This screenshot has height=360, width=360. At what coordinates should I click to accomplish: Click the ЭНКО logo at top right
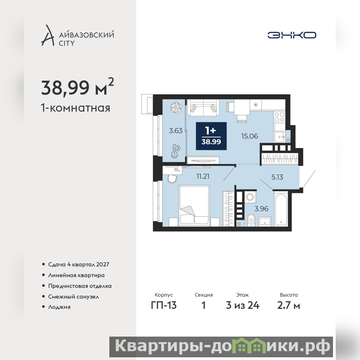point(292,35)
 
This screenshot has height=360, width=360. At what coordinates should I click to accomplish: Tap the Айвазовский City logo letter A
point(48,35)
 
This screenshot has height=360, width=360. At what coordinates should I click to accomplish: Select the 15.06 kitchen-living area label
point(250,136)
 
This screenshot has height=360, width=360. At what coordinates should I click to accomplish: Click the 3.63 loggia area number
point(175,130)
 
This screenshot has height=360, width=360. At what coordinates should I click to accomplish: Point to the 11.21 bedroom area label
point(203,176)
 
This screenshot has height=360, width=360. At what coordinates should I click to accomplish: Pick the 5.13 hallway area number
point(277,177)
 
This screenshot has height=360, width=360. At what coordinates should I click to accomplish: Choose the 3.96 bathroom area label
point(261,209)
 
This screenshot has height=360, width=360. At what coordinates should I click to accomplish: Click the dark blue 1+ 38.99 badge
point(211,136)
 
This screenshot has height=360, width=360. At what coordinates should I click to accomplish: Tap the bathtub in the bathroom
point(281,209)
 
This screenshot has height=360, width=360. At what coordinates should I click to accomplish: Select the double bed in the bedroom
point(194,206)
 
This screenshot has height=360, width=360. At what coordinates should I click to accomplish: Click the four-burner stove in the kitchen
point(279,117)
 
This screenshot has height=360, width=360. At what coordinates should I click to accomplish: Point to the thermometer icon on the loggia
point(175,151)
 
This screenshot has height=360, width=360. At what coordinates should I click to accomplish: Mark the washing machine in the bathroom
point(250,197)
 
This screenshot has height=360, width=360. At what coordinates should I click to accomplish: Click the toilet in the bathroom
point(251,220)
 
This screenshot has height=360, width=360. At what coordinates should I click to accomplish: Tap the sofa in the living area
point(203,108)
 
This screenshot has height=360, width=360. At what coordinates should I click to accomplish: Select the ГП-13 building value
point(164,306)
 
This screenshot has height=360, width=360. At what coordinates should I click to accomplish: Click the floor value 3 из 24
point(243,306)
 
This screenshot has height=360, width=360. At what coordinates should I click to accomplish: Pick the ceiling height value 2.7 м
point(288,306)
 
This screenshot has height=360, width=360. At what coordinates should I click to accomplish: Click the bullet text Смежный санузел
point(73,297)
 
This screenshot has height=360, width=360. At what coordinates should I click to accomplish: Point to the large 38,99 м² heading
point(77,87)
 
